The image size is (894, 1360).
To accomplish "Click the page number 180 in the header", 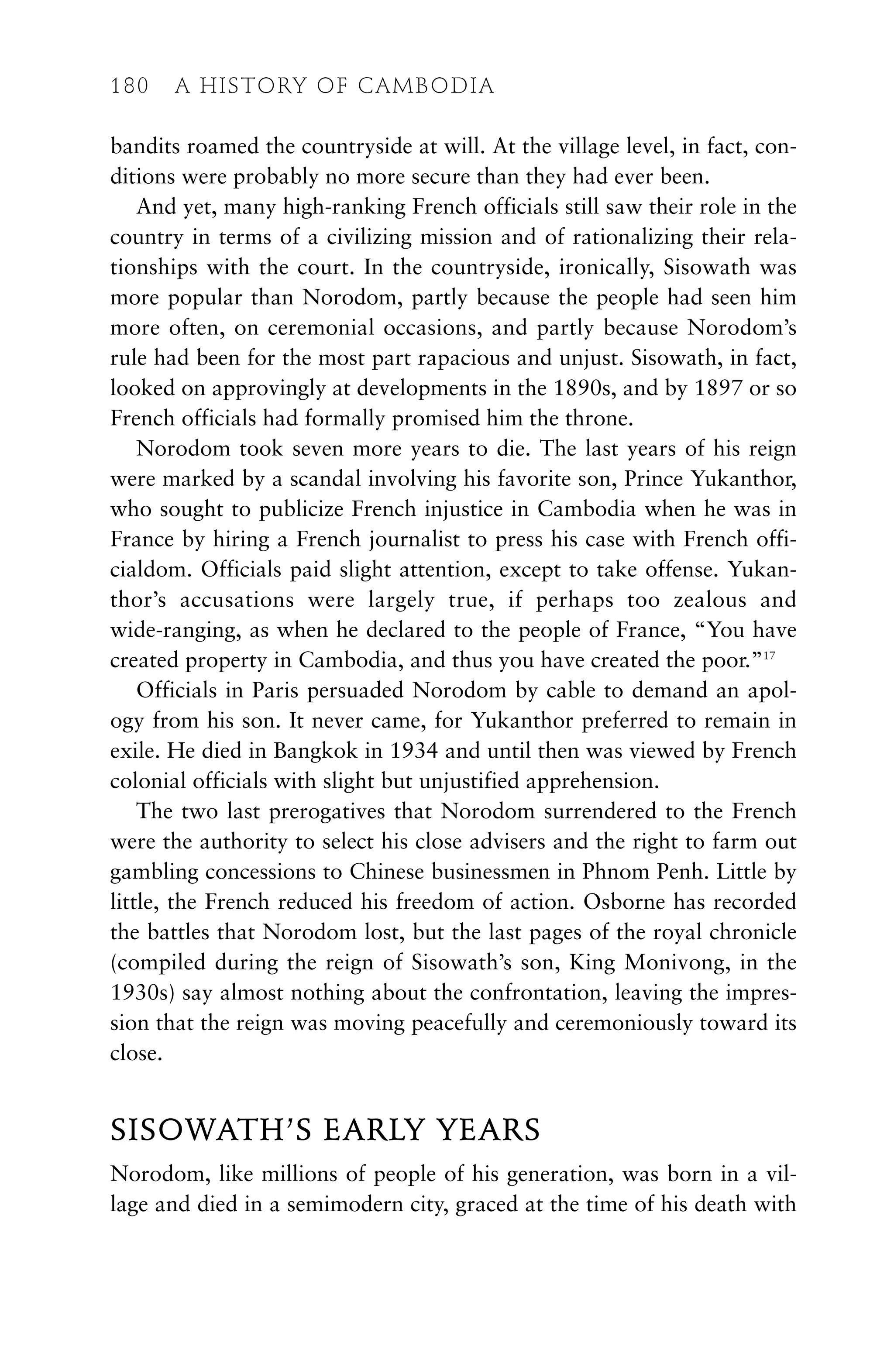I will [x=130, y=86].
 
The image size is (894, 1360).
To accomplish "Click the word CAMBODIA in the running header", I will [x=426, y=86].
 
